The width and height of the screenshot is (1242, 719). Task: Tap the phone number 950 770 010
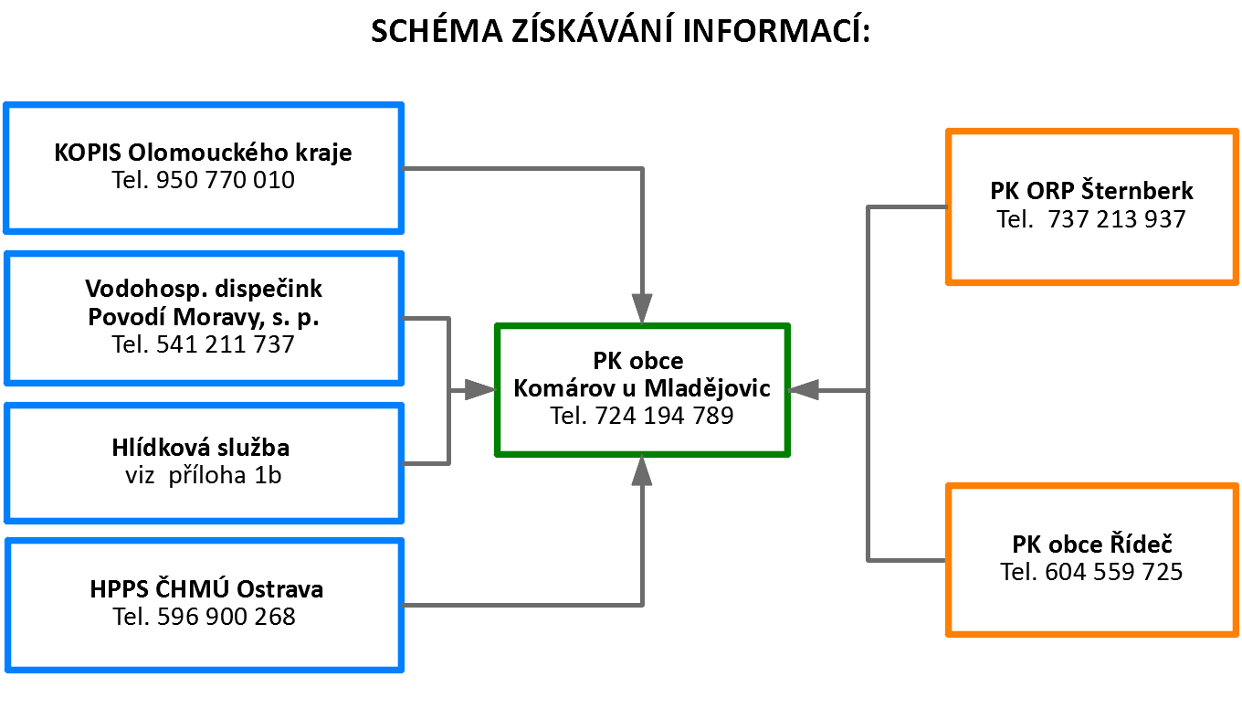pos(225,180)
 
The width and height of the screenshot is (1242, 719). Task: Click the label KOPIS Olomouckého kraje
pos(203,153)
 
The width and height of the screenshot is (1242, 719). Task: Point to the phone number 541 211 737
pos(225,344)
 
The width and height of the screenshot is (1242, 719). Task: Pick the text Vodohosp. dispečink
pos(204,289)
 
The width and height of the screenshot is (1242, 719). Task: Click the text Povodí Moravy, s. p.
pos(204,317)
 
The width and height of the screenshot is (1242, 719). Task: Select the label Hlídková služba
pos(201,447)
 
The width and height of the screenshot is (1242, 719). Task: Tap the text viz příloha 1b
pos(204,475)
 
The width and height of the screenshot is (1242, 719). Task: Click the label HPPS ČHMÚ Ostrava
pos(206,589)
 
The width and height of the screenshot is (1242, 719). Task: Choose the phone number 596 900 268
pos(226,617)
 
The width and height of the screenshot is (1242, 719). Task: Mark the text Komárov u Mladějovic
pos(641,388)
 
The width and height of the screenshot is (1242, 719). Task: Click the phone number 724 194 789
pos(664,416)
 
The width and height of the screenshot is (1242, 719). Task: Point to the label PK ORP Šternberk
pos(1091,191)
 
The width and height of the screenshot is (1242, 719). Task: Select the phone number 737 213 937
pos(1117,219)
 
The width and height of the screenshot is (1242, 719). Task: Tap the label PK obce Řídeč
pos(1092,545)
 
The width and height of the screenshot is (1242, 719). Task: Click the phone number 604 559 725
pos(1114,572)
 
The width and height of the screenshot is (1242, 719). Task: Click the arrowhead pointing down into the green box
pos(642,309)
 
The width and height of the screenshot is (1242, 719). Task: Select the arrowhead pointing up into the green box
pos(642,471)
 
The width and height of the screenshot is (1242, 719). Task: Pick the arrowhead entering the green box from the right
pos(804,390)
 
